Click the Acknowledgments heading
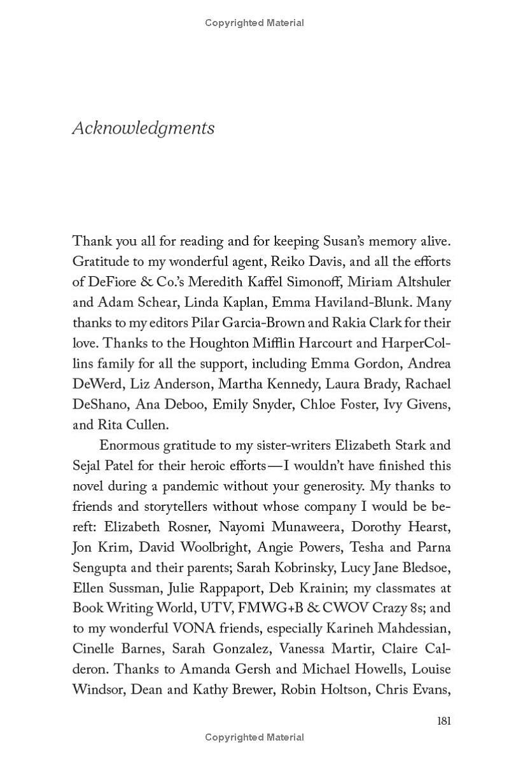click(x=143, y=128)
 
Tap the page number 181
click(x=443, y=720)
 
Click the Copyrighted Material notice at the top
click(x=254, y=23)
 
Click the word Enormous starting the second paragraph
click(x=134, y=445)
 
